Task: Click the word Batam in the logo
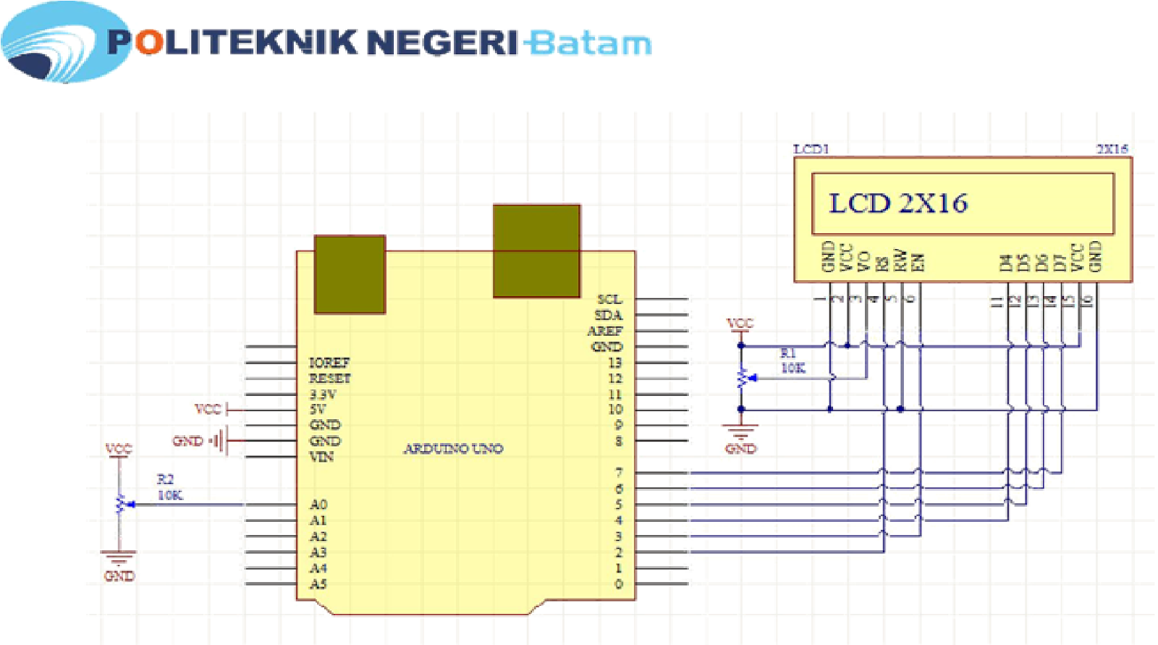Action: (x=588, y=43)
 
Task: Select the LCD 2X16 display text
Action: (x=897, y=203)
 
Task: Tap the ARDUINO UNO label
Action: (x=453, y=449)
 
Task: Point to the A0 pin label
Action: (x=318, y=505)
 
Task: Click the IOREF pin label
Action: (x=329, y=362)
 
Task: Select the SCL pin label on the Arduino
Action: (x=609, y=299)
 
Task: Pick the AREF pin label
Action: (x=605, y=331)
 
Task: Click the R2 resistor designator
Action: (x=165, y=479)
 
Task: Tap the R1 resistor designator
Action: (x=788, y=353)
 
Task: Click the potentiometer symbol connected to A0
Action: (x=121, y=504)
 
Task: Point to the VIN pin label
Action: (x=321, y=457)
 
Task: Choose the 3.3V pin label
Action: (x=323, y=395)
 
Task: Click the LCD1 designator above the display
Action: (x=811, y=149)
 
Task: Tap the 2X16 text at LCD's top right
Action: (x=1112, y=149)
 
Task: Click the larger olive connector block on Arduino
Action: (x=536, y=250)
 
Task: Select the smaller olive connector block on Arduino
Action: (x=350, y=274)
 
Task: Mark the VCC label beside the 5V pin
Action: (x=208, y=409)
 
